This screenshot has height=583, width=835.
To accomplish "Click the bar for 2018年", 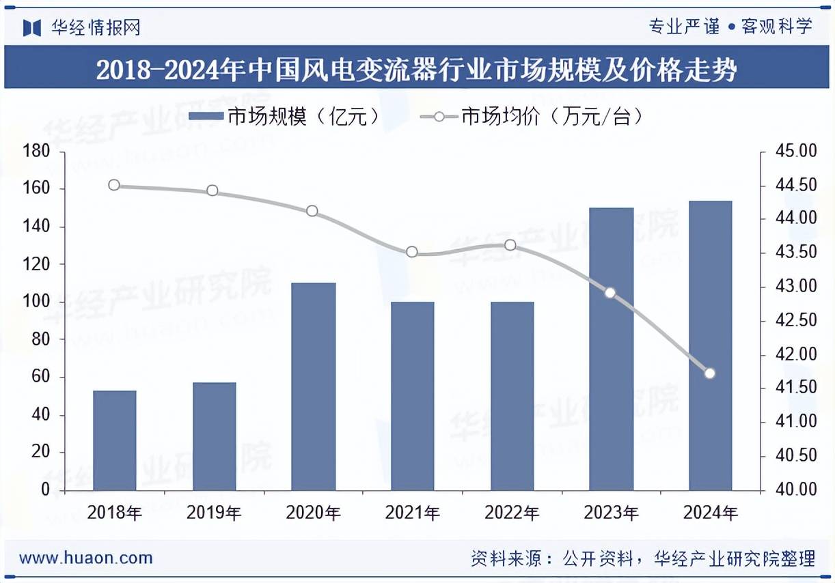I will click(x=115, y=440).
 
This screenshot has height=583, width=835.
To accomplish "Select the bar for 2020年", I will click(x=314, y=386).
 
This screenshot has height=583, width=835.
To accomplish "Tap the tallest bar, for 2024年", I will click(x=710, y=345).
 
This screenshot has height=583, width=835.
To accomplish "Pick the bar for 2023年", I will click(x=611, y=349).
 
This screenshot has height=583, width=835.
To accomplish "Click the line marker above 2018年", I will click(x=114, y=185).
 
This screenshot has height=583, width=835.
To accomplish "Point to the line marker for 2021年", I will click(x=412, y=252).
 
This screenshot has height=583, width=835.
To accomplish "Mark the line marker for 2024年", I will click(x=710, y=373).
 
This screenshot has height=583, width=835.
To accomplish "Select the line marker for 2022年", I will click(x=510, y=245).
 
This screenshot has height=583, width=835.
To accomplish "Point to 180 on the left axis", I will click(x=37, y=151).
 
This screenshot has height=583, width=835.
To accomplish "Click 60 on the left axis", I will click(x=41, y=377).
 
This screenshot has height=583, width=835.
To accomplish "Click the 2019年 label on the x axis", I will click(x=214, y=513).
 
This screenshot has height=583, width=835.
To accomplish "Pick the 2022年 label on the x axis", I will click(x=512, y=513).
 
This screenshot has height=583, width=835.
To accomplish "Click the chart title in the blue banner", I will click(x=417, y=70).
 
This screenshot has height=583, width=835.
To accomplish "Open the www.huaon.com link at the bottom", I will click(x=86, y=558).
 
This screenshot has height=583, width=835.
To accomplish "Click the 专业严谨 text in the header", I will click(x=684, y=27).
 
